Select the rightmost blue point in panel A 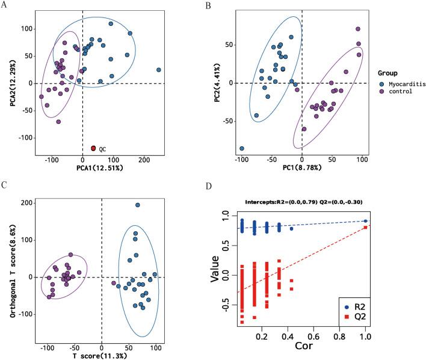click(159, 70)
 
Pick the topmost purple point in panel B click(358, 29)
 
